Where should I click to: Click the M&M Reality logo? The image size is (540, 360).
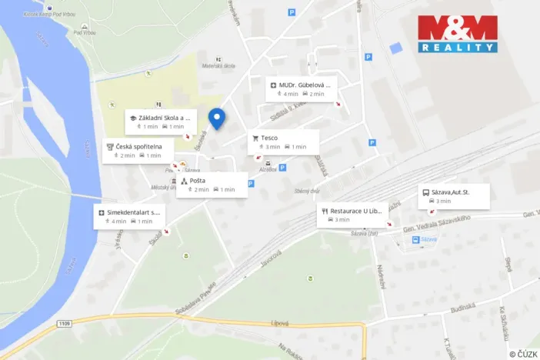(457, 34)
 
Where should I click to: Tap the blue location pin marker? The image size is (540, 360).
(218, 119)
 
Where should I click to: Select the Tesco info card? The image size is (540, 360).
(283, 142)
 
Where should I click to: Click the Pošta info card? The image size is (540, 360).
(212, 185)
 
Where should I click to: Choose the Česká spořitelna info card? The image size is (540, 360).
(141, 150)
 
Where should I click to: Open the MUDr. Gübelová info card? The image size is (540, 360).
(301, 89)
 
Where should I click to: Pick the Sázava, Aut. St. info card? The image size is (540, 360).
(454, 196)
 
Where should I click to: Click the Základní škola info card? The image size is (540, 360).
(161, 122)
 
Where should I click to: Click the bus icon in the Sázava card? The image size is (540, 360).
(425, 192)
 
